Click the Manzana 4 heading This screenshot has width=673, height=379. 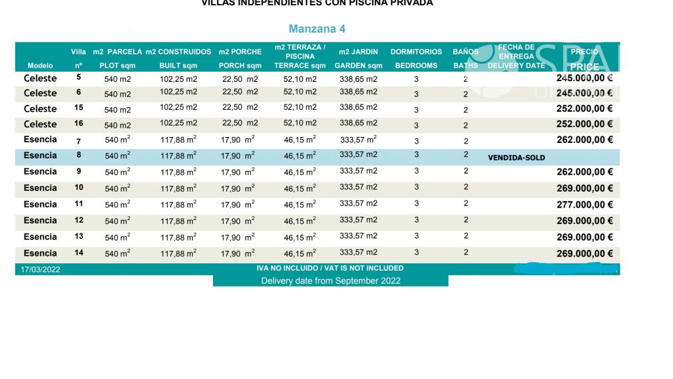[317, 29]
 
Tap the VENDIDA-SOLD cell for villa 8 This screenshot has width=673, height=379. [516, 158]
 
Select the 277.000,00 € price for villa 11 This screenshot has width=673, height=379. [584, 205]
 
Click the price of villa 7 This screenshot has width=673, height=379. [584, 140]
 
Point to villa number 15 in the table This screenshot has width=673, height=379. [79, 108]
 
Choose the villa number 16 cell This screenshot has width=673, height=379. [79, 124]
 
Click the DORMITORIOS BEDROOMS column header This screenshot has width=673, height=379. [416, 59]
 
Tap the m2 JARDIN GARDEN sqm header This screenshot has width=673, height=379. [358, 59]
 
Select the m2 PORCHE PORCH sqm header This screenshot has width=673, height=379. [240, 59]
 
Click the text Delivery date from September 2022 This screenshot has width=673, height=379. [330, 281]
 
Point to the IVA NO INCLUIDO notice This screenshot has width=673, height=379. [330, 269]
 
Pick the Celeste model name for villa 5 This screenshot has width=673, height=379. [40, 78]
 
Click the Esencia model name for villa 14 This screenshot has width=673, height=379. [40, 253]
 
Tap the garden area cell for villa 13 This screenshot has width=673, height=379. [358, 236]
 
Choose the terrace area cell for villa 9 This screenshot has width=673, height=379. [300, 173]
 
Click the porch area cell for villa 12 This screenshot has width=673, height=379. [237, 221]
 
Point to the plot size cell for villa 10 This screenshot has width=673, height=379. [117, 189]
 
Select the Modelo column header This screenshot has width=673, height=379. [40, 66]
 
